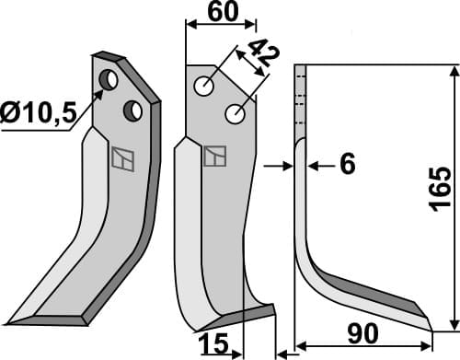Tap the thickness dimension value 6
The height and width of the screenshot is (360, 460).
(x=347, y=165)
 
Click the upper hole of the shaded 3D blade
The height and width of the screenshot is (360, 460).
(x=109, y=81)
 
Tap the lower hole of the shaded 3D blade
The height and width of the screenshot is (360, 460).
(x=133, y=110)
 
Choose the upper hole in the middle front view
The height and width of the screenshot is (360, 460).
(x=202, y=87)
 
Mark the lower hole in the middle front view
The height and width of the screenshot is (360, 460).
(x=235, y=115)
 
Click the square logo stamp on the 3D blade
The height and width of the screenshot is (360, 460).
(x=121, y=158)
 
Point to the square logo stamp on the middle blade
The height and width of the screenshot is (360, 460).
(x=214, y=156)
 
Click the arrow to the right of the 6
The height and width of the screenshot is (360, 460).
(x=313, y=166)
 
